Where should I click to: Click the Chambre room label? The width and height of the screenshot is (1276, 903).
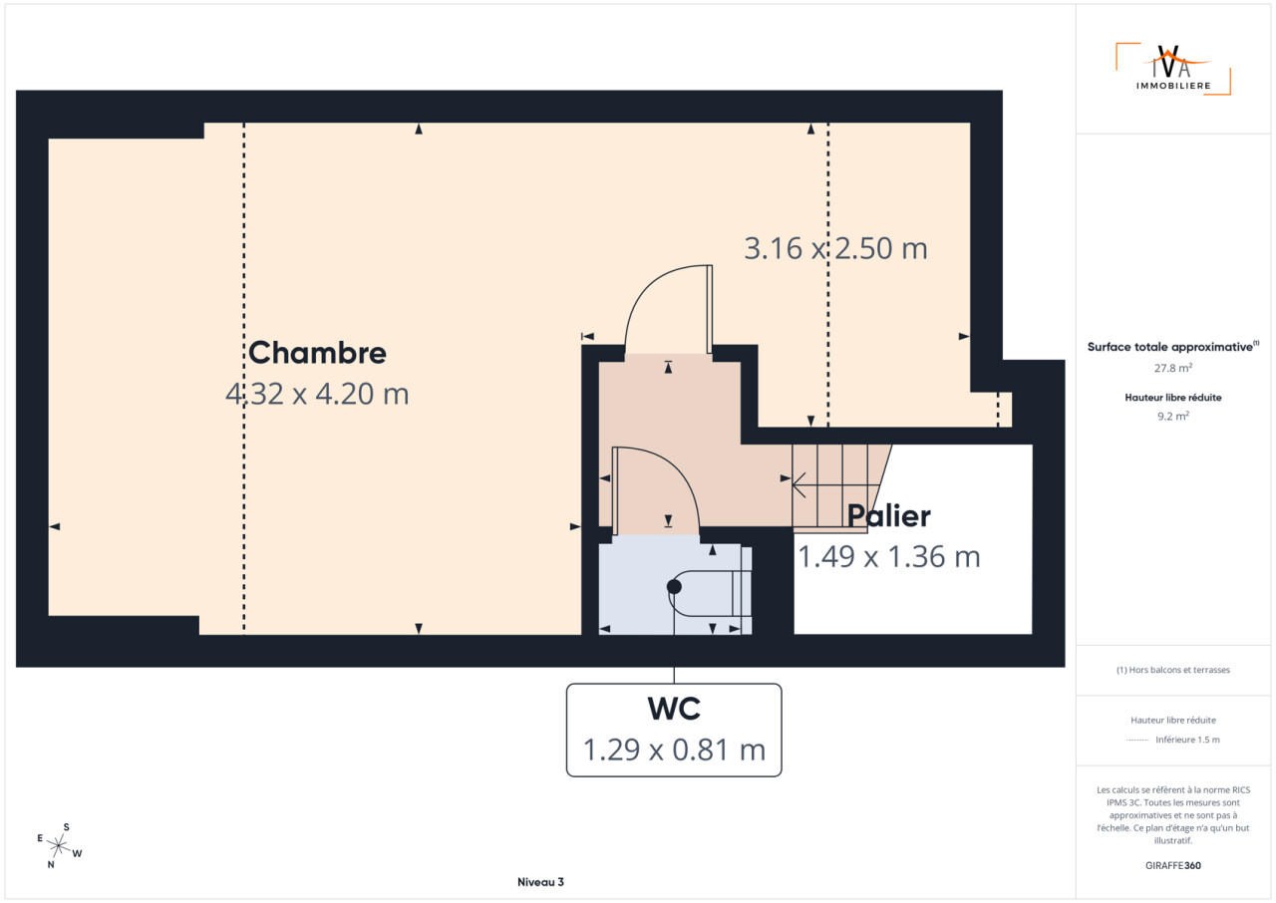(x=317, y=353)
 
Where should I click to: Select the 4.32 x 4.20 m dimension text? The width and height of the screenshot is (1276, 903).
(x=317, y=394)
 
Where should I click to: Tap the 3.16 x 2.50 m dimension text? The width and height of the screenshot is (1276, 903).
(x=835, y=248)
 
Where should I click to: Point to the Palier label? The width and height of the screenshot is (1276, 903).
(x=888, y=516)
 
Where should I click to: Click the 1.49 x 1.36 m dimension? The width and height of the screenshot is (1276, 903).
(x=888, y=556)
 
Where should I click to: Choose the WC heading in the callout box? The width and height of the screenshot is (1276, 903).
(x=674, y=709)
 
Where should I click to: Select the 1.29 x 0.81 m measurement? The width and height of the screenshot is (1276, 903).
(x=674, y=750)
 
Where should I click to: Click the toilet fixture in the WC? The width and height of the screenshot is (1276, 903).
(x=710, y=594)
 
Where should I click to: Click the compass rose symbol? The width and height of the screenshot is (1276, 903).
(x=59, y=845)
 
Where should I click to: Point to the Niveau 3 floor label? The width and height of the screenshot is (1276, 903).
(x=540, y=882)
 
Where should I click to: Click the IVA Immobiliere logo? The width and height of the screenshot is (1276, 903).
(x=1173, y=69)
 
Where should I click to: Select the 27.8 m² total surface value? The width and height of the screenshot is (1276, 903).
(x=1173, y=368)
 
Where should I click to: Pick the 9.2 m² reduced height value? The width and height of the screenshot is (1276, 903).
(x=1173, y=416)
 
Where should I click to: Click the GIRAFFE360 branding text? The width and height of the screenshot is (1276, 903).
(x=1173, y=865)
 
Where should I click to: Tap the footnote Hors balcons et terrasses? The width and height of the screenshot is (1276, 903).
(x=1173, y=670)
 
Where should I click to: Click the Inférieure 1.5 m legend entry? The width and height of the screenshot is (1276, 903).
(x=1187, y=740)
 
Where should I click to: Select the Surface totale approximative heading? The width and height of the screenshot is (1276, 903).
(x=1173, y=347)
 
